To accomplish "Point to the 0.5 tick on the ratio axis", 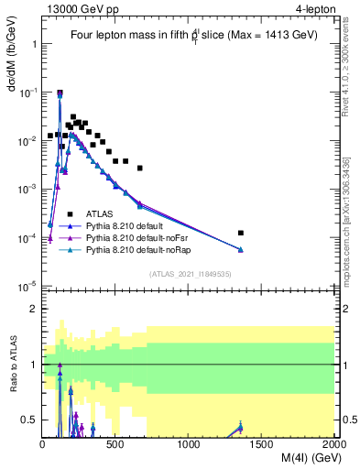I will (x=29, y=420).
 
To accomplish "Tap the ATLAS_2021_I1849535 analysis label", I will (x=190, y=274).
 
